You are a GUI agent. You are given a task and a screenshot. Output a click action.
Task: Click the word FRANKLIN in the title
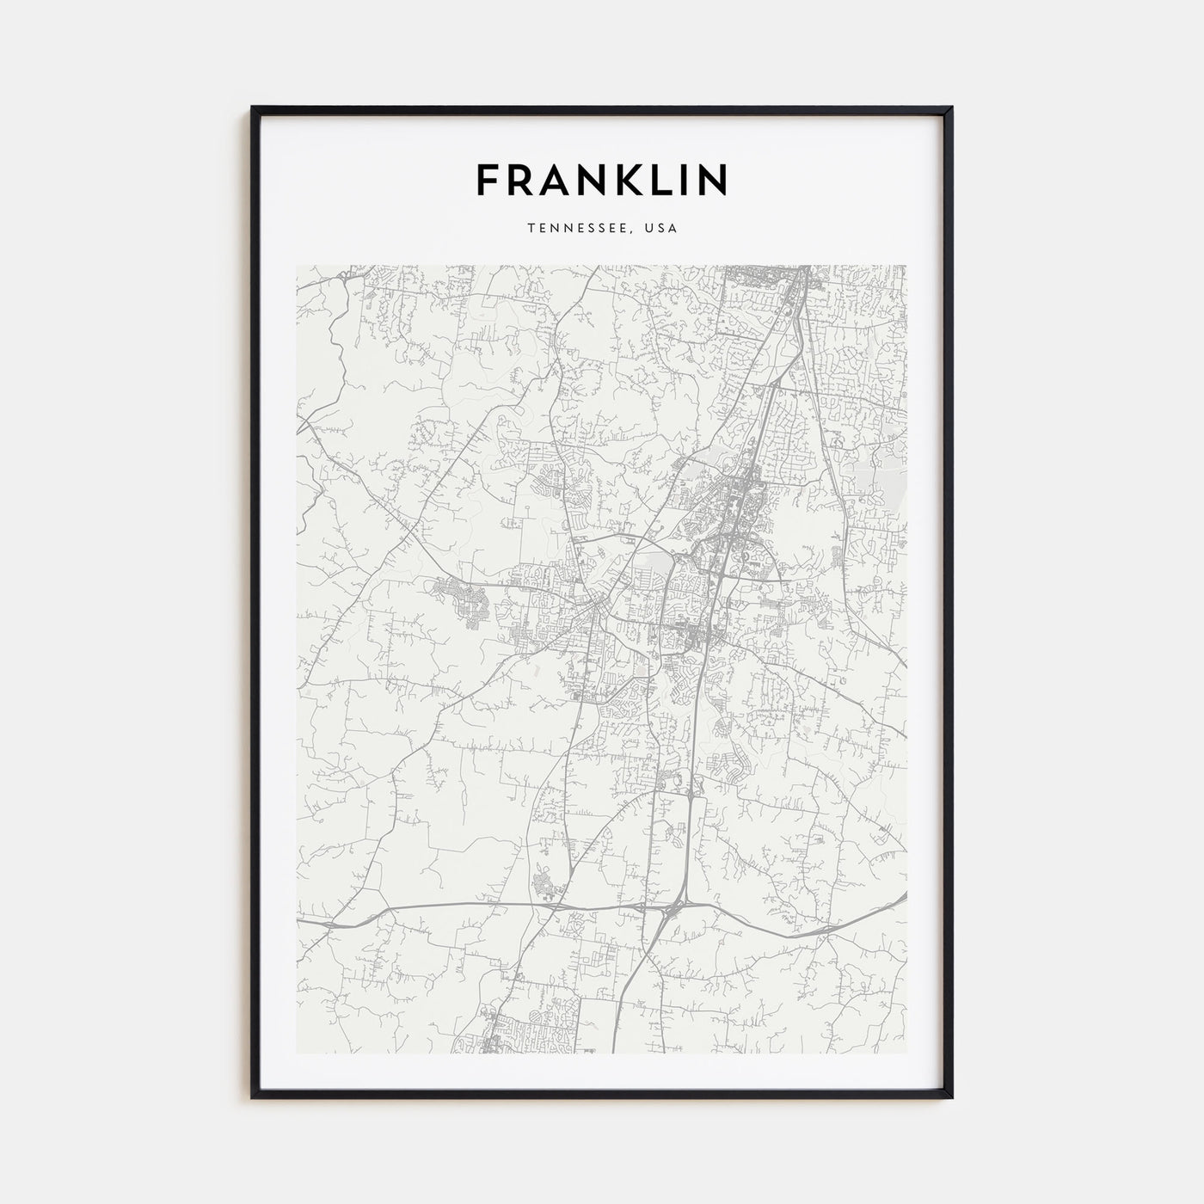tap(602, 179)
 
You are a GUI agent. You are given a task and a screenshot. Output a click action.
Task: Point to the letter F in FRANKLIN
tap(488, 179)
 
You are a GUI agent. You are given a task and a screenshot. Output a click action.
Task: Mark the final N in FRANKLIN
tap(711, 179)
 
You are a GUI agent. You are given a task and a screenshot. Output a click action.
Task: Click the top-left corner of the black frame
tap(253, 107)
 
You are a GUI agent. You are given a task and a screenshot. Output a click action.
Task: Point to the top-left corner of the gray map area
tap(297, 266)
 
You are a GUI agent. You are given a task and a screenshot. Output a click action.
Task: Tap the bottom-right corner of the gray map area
tap(906, 1053)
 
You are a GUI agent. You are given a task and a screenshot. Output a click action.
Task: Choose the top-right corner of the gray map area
tap(906, 266)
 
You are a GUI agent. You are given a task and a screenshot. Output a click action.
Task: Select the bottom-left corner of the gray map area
tap(297, 1053)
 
